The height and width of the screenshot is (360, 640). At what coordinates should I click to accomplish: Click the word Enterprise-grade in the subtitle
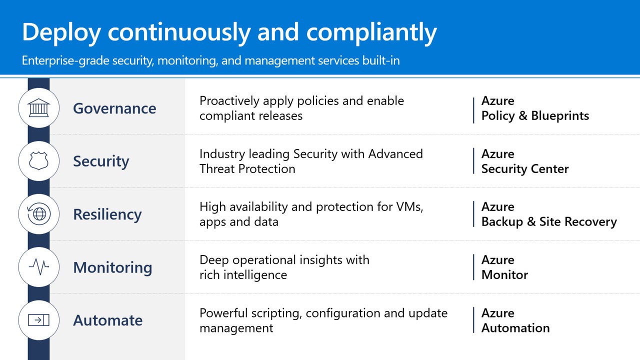(x=65, y=61)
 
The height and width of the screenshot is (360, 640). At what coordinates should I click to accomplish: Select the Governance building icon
(x=39, y=108)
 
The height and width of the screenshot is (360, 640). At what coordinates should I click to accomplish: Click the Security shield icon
(x=39, y=161)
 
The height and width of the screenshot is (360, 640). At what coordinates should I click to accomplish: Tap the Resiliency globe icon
(x=39, y=213)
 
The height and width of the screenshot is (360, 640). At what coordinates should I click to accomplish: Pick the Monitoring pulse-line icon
(x=39, y=267)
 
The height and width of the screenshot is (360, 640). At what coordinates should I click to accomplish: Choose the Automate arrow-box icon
(x=39, y=320)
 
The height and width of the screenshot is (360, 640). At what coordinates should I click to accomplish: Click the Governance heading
(x=114, y=108)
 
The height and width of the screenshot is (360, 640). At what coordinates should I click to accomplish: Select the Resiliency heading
(x=107, y=214)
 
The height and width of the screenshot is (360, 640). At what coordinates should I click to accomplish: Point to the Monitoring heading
(x=112, y=267)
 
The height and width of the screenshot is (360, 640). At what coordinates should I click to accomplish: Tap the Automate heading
(x=107, y=320)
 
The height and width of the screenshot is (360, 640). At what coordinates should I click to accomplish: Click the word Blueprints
(x=560, y=116)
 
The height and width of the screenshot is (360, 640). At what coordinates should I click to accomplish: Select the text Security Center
(x=525, y=169)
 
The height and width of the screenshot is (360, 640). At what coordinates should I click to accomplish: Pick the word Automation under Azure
(x=515, y=328)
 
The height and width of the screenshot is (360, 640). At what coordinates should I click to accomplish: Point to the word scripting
(x=276, y=313)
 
